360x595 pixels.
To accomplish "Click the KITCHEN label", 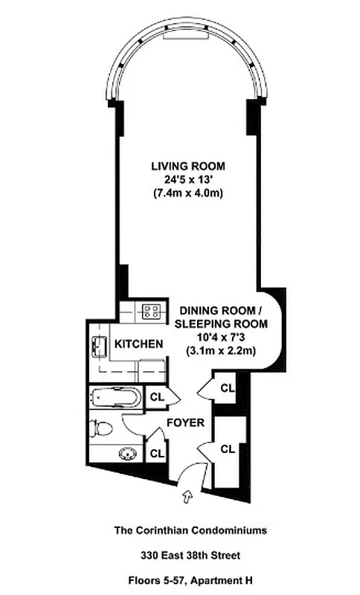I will click(138, 344).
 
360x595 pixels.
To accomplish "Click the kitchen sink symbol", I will click(97, 346).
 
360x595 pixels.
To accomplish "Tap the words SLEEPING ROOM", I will click(220, 324).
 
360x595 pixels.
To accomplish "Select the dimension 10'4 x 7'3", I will click(221, 338).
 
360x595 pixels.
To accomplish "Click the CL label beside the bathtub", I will click(157, 397).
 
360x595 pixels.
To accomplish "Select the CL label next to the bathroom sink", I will click(157, 451).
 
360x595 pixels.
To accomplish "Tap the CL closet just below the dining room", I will click(228, 387).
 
